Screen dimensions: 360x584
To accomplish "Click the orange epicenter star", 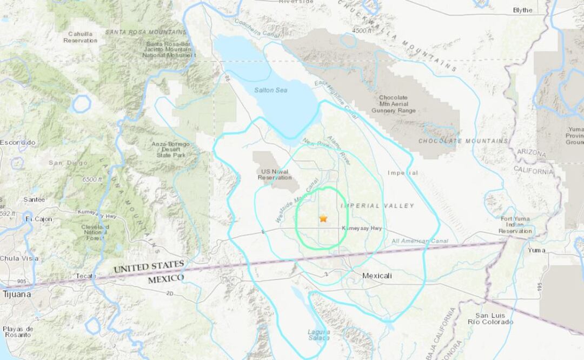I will pyautogui.click(x=323, y=218).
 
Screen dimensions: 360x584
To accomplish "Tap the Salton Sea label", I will pyautogui.click(x=270, y=90).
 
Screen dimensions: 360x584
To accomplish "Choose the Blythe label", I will pyautogui.click(x=522, y=10).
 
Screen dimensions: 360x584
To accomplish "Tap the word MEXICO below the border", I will pyautogui.click(x=166, y=278).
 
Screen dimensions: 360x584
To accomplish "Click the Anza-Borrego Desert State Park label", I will pyautogui.click(x=171, y=149).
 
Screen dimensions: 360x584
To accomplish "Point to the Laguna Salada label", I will pyautogui.click(x=318, y=335).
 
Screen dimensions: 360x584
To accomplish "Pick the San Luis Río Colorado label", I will pyautogui.click(x=494, y=318).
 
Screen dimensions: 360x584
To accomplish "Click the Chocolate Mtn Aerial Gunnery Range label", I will pyautogui.click(x=393, y=104).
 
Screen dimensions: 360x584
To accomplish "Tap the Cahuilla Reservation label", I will pyautogui.click(x=80, y=37).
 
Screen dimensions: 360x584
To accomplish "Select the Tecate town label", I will pyautogui.click(x=86, y=276).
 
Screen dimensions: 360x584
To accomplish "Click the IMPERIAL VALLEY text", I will pyautogui.click(x=377, y=205).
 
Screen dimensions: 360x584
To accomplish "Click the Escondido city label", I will pyautogui.click(x=17, y=142).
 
